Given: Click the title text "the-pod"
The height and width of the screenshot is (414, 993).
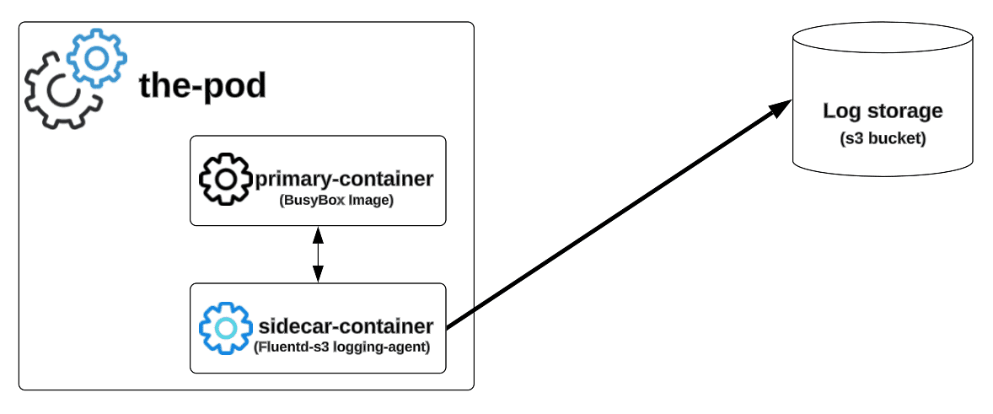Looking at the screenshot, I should pyautogui.click(x=202, y=86).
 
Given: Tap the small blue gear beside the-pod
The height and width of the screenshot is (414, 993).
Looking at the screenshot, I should pyautogui.click(x=97, y=56).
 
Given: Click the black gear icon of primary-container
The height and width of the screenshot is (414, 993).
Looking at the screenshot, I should pyautogui.click(x=225, y=179).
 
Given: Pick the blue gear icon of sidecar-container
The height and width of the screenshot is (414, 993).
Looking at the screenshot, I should pyautogui.click(x=225, y=327).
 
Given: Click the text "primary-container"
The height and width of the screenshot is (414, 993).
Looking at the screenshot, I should pyautogui.click(x=343, y=179).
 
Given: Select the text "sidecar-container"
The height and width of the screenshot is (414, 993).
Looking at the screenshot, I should pyautogui.click(x=346, y=326).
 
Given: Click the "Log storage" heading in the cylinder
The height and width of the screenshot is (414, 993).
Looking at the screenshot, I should pyautogui.click(x=883, y=111).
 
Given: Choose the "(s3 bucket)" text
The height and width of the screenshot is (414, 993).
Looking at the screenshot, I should pyautogui.click(x=883, y=138).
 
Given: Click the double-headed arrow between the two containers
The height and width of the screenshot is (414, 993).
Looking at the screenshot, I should pyautogui.click(x=318, y=254).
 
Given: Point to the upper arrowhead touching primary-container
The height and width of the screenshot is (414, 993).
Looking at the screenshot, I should pyautogui.click(x=318, y=232).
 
